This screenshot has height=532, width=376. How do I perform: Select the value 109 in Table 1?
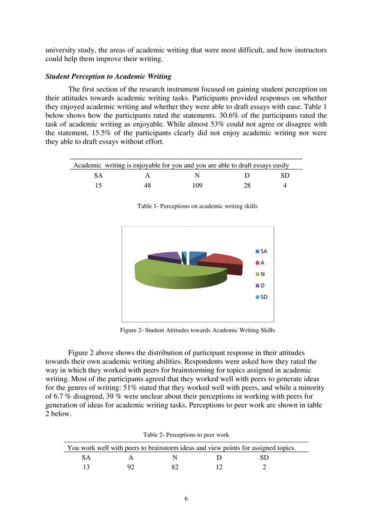pyautogui.click(x=197, y=186)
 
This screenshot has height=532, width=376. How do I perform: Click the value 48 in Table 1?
pyautogui.click(x=147, y=186)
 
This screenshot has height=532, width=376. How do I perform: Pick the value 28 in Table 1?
pyautogui.click(x=247, y=186)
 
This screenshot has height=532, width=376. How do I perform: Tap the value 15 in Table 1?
pyautogui.click(x=98, y=186)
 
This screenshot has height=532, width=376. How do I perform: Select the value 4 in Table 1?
pyautogui.click(x=285, y=186)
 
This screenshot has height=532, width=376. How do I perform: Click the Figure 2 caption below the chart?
pyautogui.click(x=197, y=330)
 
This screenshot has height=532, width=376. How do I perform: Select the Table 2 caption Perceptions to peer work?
pyautogui.click(x=186, y=435)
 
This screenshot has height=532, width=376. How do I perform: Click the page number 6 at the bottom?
pyautogui.click(x=186, y=499)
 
